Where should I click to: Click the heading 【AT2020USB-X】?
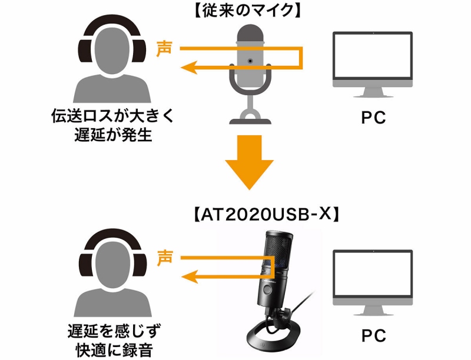(266, 214)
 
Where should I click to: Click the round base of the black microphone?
(277, 340)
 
